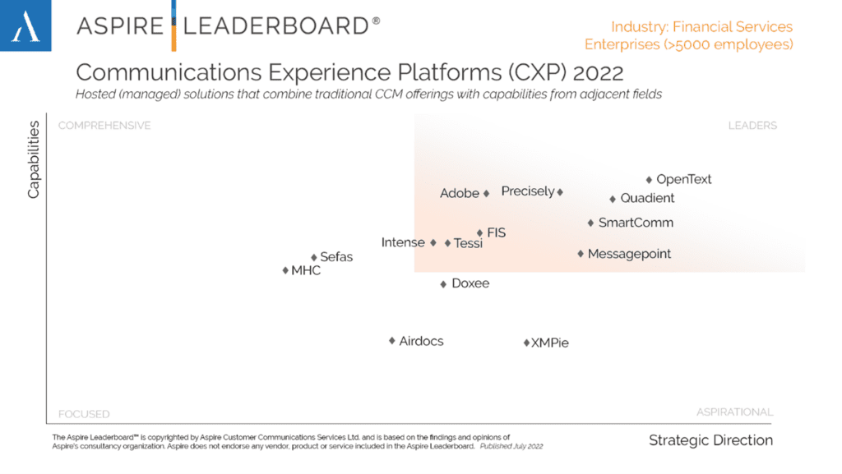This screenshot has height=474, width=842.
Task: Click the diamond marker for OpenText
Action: click(649, 179)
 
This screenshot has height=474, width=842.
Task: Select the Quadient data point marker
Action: click(613, 199)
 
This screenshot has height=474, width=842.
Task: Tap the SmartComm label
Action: click(636, 223)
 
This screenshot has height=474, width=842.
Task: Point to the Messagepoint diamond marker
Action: click(581, 254)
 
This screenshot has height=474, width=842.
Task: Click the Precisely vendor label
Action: click(528, 191)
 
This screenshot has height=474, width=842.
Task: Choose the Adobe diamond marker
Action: click(486, 194)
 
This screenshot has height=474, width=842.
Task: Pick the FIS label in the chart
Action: click(497, 233)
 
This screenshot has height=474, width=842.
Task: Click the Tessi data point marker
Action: click(448, 243)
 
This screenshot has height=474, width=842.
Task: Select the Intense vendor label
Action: click(403, 242)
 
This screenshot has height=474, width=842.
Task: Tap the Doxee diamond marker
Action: click(443, 284)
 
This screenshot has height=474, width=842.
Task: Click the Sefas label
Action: click(336, 257)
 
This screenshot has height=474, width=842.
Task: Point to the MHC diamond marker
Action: click(285, 270)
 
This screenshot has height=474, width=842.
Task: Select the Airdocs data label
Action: click(421, 341)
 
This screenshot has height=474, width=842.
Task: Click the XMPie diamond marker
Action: click(526, 343)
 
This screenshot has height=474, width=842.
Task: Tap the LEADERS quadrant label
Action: click(752, 126)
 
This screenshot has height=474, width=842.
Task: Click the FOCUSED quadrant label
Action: click(84, 414)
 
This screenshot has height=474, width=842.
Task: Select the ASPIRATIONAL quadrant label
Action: click(734, 412)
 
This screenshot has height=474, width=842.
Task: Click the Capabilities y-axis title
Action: click(34, 159)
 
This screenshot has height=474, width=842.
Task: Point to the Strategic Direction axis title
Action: click(710, 440)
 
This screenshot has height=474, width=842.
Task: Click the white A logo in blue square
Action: click(25, 25)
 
